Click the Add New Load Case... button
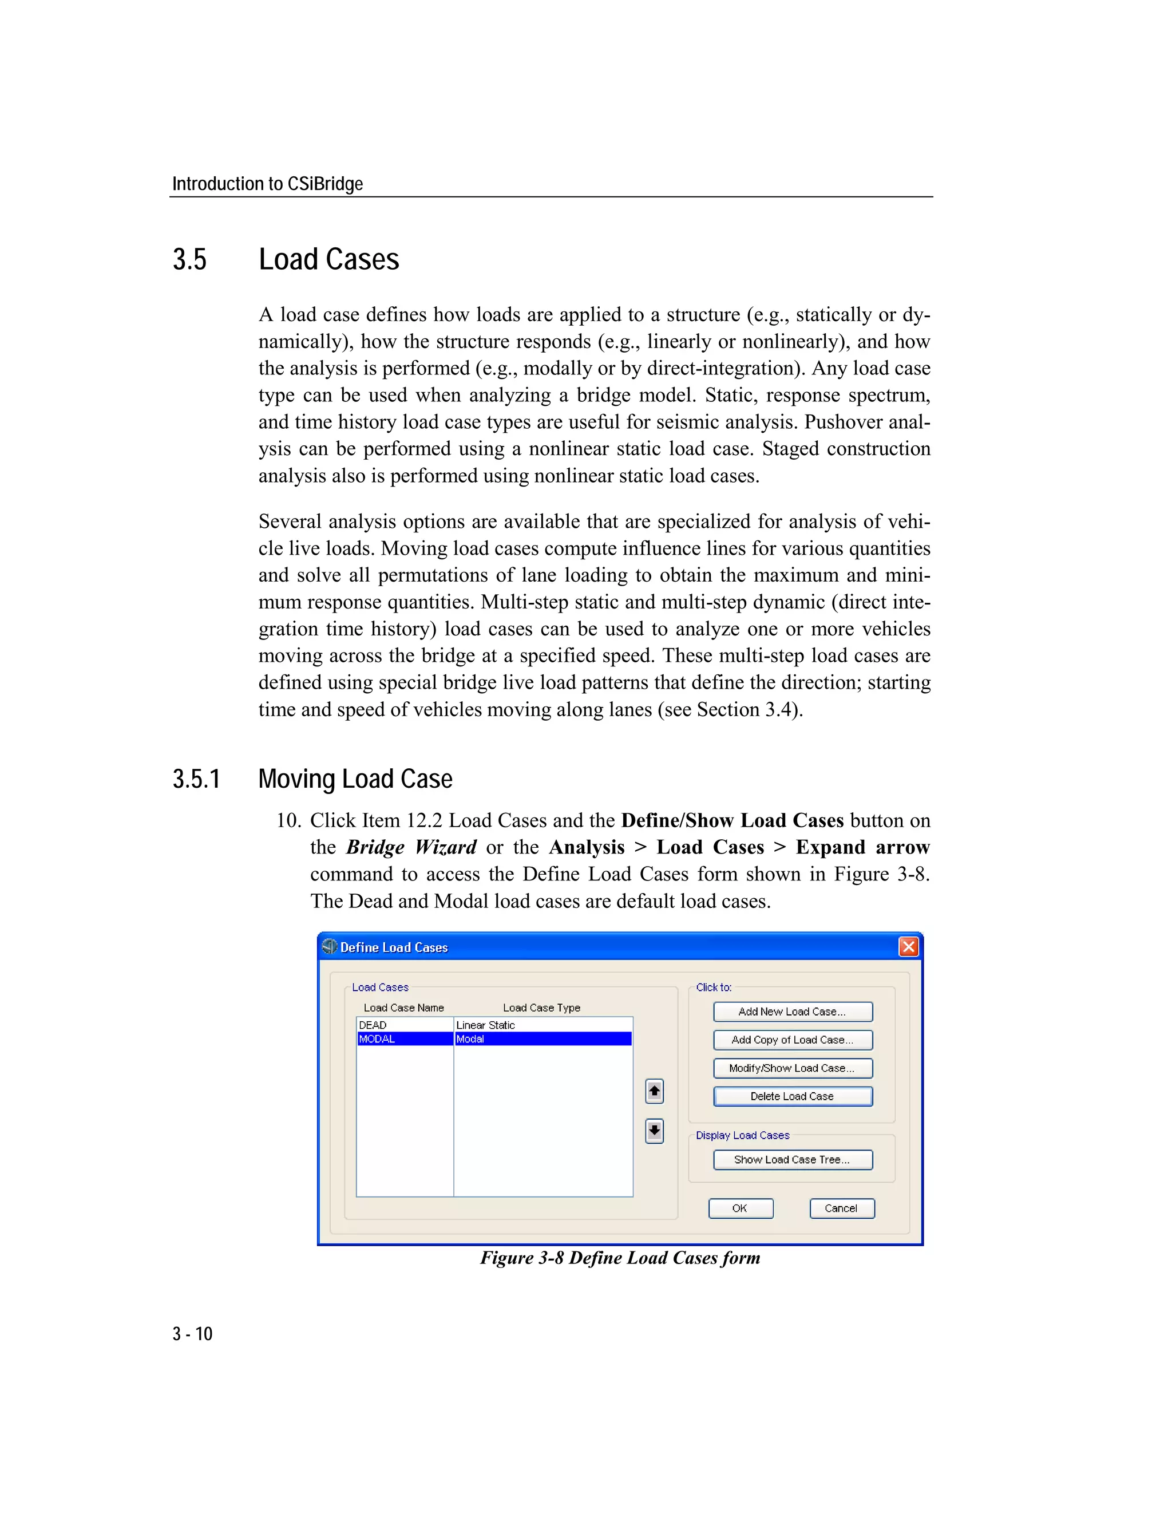point(792,1012)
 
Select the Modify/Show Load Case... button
point(792,1068)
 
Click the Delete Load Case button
point(792,1096)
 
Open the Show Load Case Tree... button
point(792,1159)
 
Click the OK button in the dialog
point(740,1208)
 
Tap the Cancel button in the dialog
point(841,1208)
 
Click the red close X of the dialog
point(908,947)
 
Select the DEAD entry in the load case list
point(373,1025)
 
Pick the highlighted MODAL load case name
point(377,1039)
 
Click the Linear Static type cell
point(485,1025)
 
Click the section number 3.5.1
point(196,779)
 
